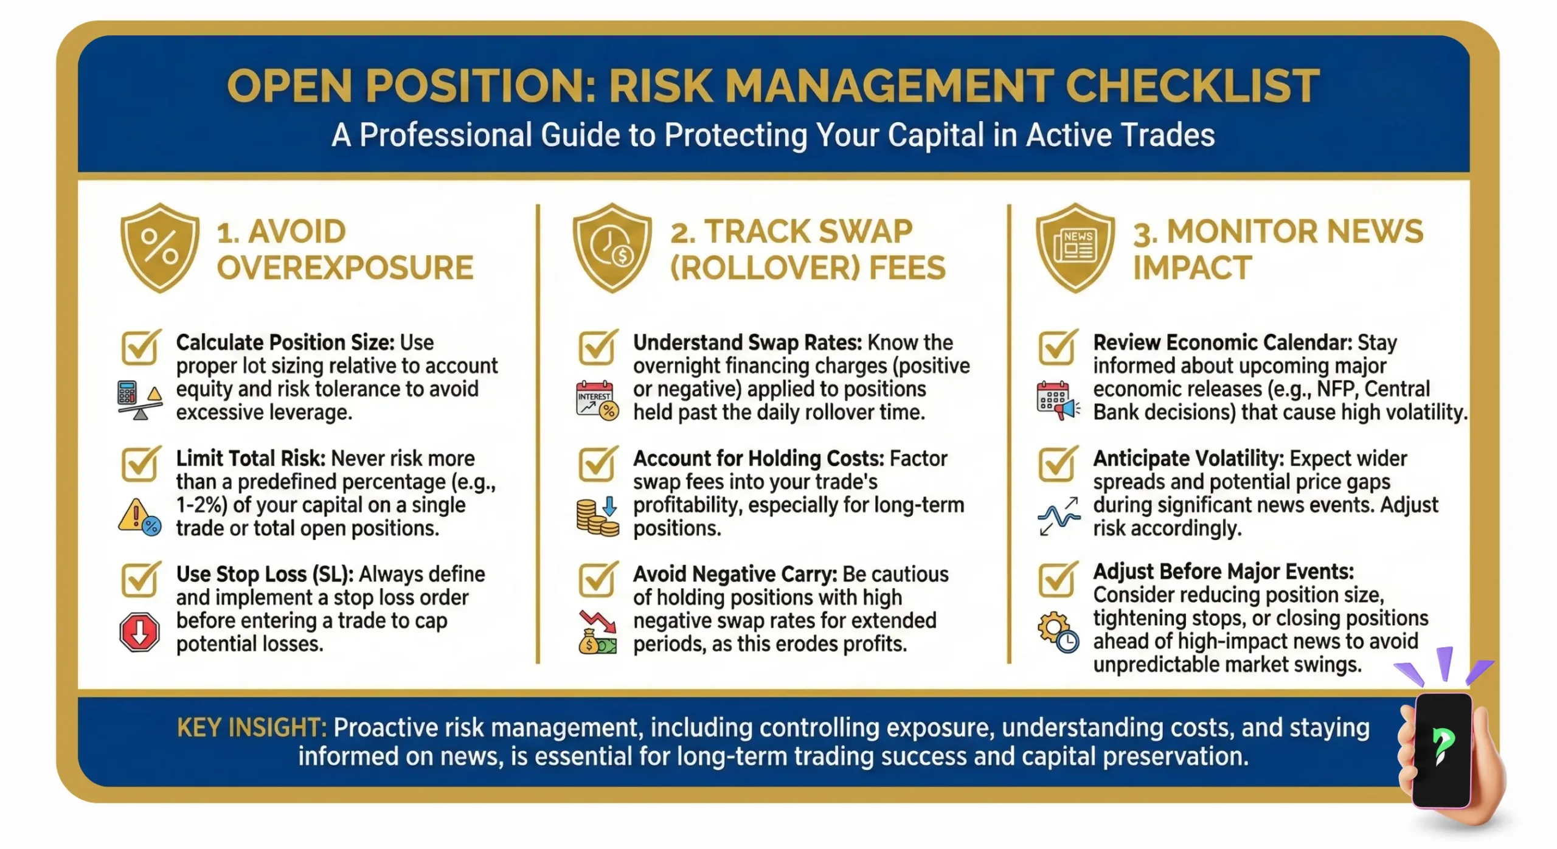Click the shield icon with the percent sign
coord(160,248)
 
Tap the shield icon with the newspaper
coord(1075,248)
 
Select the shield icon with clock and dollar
coord(612,248)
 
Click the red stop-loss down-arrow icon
coord(140,632)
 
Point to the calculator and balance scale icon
coord(140,400)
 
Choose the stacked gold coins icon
coord(597,517)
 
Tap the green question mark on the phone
coord(1443,745)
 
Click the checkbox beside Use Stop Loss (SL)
coord(140,579)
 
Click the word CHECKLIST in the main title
coord(1192,86)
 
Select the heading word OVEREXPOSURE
coord(345,268)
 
